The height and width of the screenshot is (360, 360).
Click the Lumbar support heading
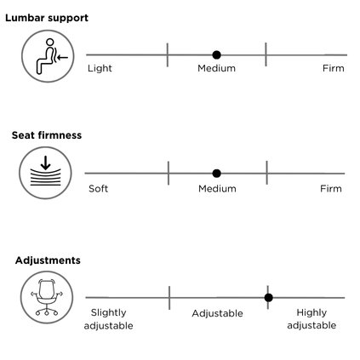[47, 18]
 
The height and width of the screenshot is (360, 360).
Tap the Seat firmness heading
[47, 135]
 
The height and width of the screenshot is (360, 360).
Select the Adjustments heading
[48, 260]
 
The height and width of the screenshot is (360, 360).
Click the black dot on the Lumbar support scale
[216, 54]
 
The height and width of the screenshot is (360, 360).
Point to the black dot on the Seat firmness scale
[216, 174]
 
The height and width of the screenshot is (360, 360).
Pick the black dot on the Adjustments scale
[268, 298]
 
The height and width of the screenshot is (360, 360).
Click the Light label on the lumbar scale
[100, 68]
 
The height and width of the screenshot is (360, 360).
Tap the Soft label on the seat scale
[98, 189]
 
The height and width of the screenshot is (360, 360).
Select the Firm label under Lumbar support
[334, 68]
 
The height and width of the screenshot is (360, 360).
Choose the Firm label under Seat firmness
[331, 189]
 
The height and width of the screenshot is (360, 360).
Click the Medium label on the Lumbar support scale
[216, 68]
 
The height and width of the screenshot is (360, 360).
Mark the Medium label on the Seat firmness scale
[217, 189]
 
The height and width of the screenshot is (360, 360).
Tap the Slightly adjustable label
[108, 319]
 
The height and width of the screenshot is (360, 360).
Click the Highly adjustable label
[311, 319]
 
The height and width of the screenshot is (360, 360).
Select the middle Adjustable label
[217, 313]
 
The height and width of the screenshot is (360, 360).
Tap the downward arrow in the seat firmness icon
[45, 163]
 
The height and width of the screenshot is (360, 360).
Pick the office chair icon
[47, 297]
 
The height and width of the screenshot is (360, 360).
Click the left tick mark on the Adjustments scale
[169, 298]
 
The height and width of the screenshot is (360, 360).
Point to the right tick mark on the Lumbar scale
[266, 54]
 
